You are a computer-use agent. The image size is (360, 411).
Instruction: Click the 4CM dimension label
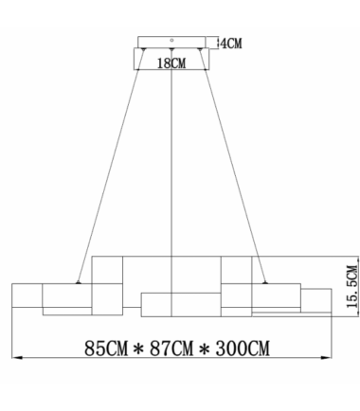[x=231, y=44]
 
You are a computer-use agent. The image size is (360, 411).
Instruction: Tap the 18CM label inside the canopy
[x=171, y=63]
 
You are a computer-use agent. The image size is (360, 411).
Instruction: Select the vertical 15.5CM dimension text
[x=352, y=287]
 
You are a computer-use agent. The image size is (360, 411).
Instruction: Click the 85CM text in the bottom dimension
[x=106, y=348]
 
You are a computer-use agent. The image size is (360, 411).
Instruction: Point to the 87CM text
[x=171, y=348]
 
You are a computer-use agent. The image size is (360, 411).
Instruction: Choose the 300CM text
[x=243, y=348]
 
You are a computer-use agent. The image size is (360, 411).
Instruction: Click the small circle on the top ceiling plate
[x=171, y=40]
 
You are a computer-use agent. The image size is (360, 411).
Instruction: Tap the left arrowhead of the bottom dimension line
[x=17, y=358]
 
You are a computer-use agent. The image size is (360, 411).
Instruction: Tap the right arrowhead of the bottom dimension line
[x=326, y=358]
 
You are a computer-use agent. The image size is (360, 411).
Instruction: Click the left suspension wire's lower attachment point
[x=78, y=282]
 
